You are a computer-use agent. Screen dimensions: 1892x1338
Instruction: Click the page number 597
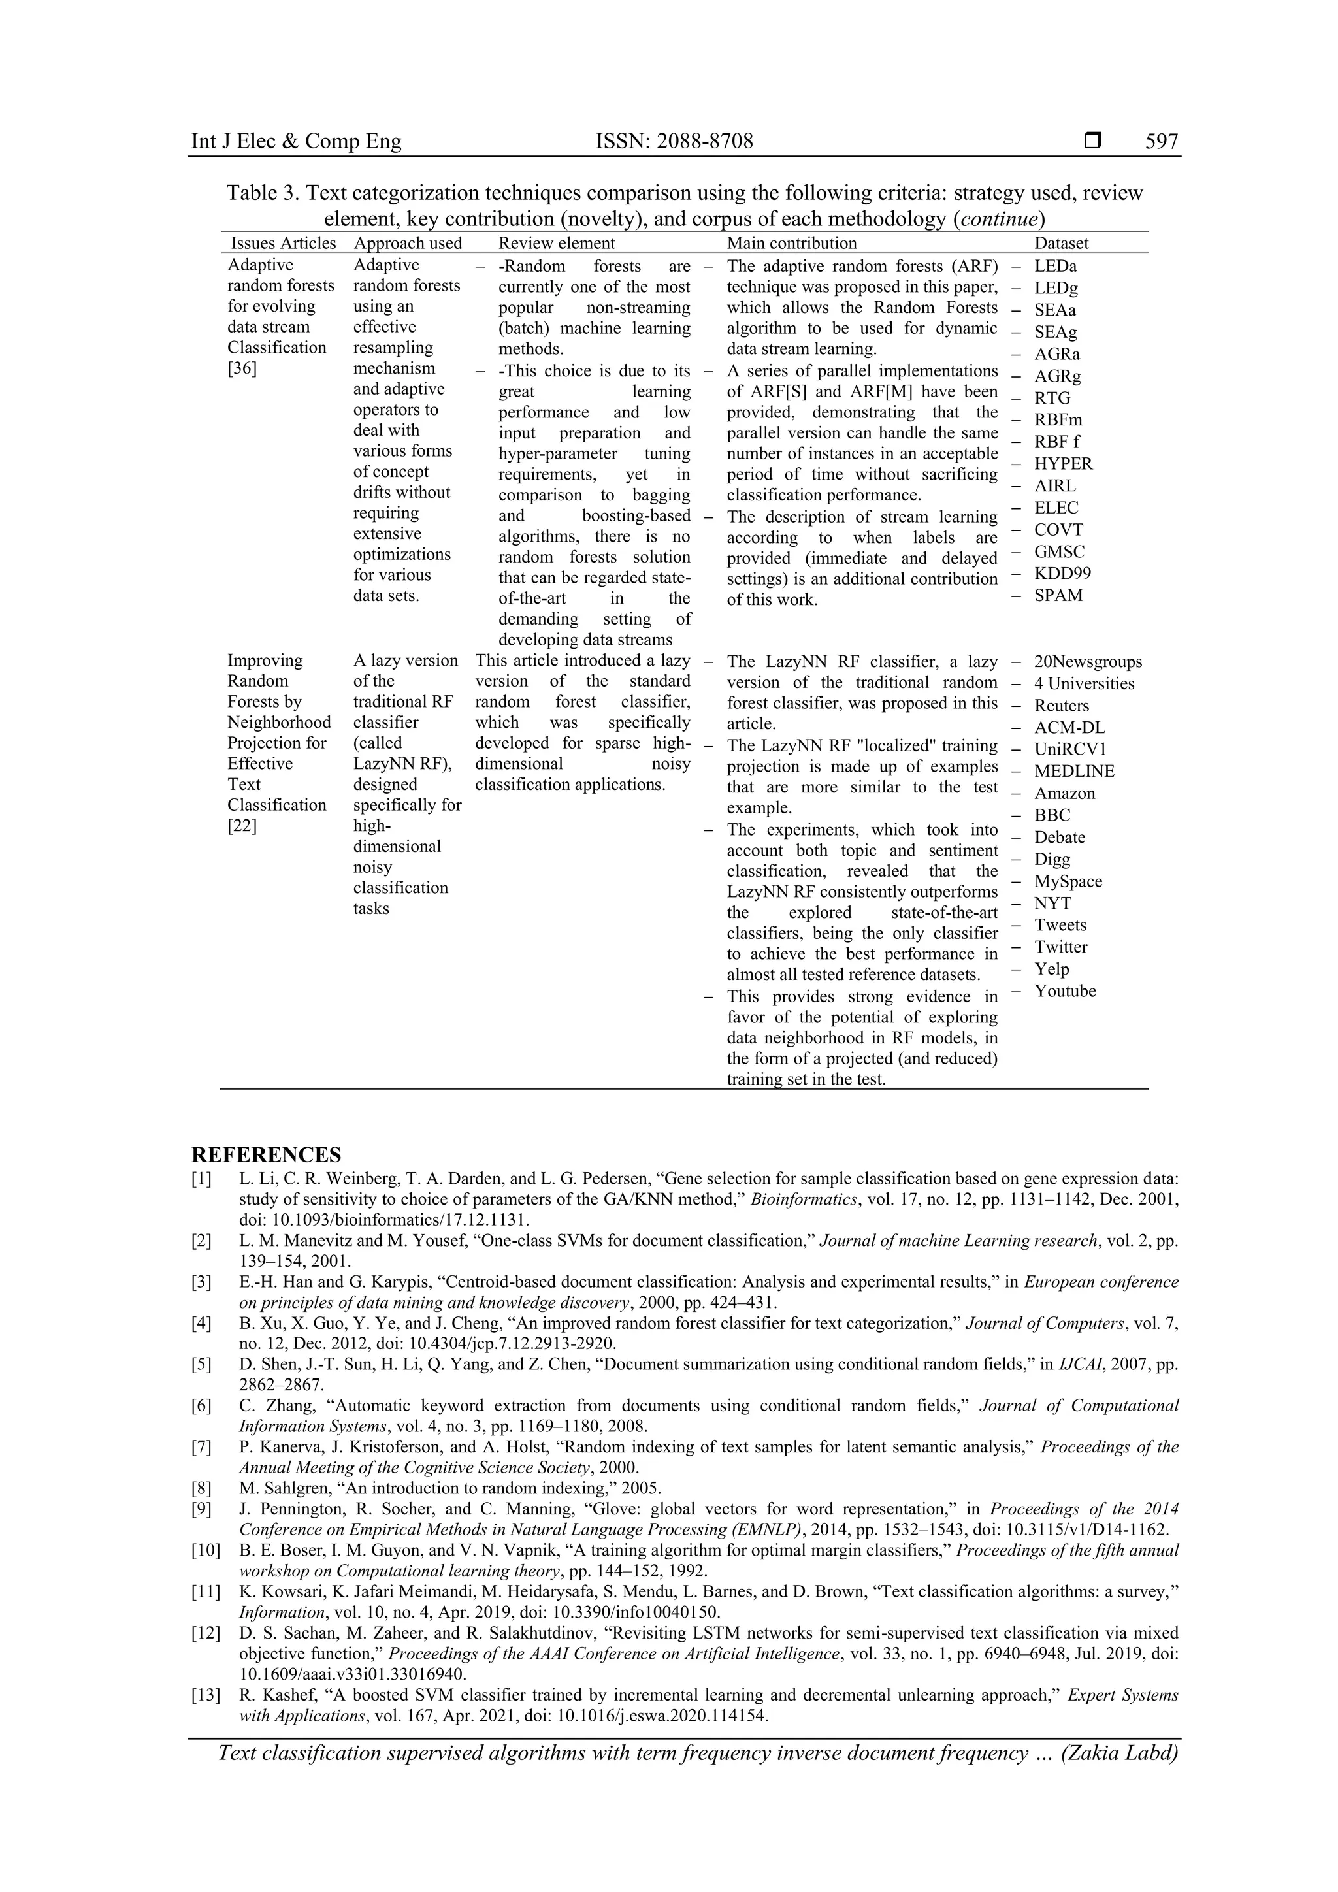[x=1161, y=142]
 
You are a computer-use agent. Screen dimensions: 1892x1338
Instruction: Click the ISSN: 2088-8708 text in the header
[x=674, y=142]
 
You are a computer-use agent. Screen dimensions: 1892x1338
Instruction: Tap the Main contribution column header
[x=791, y=243]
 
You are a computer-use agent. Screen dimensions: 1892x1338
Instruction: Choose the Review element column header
[x=556, y=243]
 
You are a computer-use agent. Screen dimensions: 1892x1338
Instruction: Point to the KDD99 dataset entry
[x=1063, y=574]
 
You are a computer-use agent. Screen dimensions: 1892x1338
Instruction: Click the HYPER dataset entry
[x=1063, y=464]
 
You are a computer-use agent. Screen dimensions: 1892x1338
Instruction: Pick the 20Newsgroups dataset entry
[x=1088, y=662]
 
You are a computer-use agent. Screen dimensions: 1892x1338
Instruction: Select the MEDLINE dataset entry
[x=1074, y=772]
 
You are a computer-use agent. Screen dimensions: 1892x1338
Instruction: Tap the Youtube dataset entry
[x=1066, y=991]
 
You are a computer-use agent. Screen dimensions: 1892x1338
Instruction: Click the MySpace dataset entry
[x=1068, y=882]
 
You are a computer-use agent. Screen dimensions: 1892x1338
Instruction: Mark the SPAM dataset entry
[x=1058, y=596]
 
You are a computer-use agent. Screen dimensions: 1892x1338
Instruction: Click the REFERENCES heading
[x=266, y=1154]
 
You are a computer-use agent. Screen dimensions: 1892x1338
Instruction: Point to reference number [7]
[x=202, y=1447]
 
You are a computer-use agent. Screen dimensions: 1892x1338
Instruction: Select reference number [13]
[x=205, y=1695]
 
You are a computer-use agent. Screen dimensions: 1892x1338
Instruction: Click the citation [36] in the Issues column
[x=242, y=368]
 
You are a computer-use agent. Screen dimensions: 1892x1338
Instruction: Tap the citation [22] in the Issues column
[x=242, y=826]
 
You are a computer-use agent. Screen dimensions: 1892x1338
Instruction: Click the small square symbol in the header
[x=1092, y=142]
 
